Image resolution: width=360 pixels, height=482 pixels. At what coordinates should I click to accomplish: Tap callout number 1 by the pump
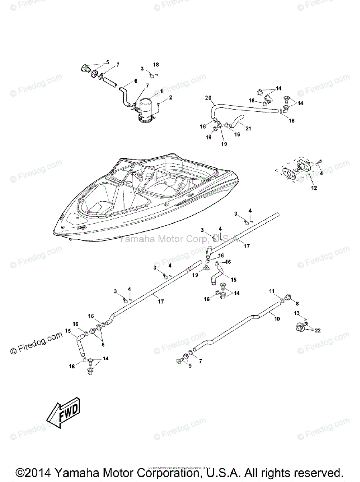pos(161,92)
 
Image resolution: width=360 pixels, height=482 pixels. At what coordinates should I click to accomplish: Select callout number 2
pos(171,98)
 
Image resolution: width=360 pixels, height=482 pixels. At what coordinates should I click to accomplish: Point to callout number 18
pos(156,64)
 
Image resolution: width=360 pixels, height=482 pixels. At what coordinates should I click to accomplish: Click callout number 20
pos(208,98)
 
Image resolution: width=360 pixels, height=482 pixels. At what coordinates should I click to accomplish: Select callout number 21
pos(248,129)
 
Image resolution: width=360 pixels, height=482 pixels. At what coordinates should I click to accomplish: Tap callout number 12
pos(314,188)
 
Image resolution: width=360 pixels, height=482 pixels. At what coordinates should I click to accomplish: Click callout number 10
pos(277,318)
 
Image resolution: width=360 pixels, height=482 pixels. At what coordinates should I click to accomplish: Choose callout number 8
pos(297,304)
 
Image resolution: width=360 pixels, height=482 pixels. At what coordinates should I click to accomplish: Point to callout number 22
pos(318,331)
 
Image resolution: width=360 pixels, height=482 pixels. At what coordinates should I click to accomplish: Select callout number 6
pos(135,81)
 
